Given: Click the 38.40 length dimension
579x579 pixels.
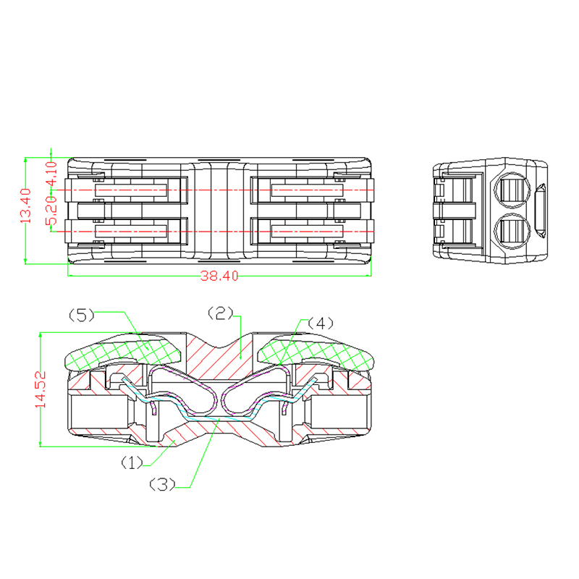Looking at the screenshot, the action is tap(219, 276).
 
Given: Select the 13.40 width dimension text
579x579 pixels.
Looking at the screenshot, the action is tap(26, 206).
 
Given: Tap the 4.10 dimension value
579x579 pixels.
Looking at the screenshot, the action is tap(52, 174).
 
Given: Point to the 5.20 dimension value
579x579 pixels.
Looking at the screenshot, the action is tap(52, 210).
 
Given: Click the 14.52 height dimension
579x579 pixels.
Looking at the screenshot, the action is tap(41, 389).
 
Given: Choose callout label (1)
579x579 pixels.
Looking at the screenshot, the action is tap(132, 462).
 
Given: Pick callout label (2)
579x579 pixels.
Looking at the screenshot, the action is tap(221, 313).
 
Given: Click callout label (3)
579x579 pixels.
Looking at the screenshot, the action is tap(162, 484).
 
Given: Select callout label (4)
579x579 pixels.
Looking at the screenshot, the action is tap(321, 324).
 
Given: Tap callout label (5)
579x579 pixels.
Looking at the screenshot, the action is tap(81, 315).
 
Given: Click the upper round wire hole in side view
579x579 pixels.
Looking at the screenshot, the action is tap(512, 190).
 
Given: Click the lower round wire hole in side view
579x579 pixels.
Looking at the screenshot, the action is tap(512, 232).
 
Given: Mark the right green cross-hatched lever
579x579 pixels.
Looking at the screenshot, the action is tap(316, 352).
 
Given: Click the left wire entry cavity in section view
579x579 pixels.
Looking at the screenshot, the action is tap(99, 411).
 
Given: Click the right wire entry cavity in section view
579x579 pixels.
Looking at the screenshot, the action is tap(339, 411).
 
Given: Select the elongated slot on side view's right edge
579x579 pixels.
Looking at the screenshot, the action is tap(540, 211).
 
